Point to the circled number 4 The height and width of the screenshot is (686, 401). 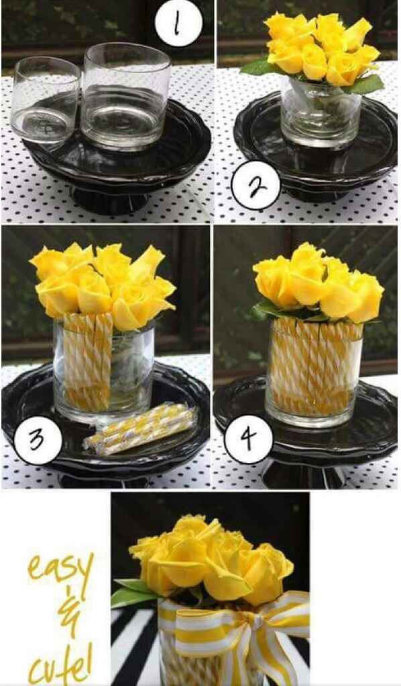[249, 439]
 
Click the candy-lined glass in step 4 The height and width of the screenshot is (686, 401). [314, 372]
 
